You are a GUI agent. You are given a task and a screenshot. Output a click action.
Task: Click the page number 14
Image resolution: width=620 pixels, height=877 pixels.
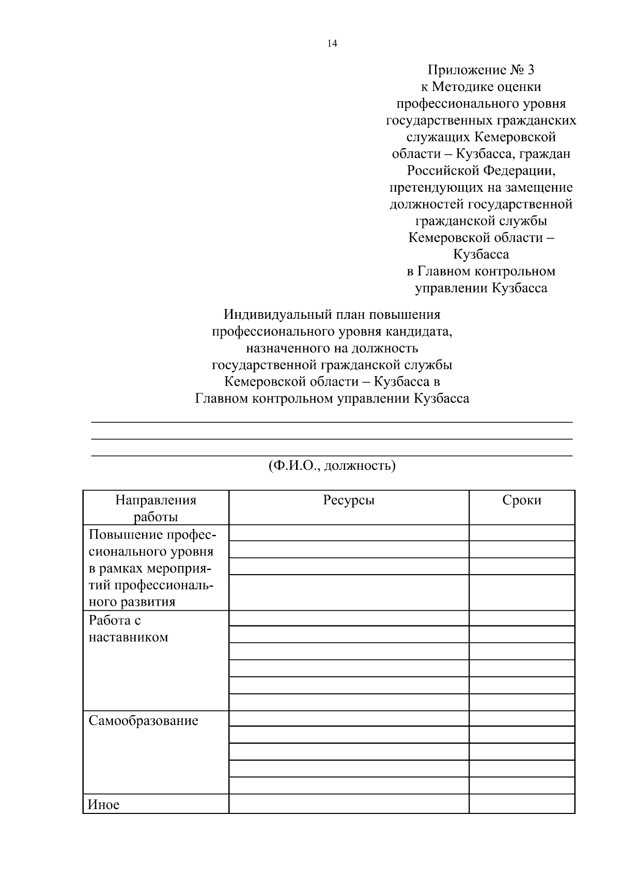[332, 44]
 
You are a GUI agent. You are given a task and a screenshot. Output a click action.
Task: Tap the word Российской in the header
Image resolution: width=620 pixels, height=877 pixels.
[442, 171]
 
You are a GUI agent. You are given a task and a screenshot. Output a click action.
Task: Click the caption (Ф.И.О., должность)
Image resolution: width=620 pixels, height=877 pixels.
[332, 466]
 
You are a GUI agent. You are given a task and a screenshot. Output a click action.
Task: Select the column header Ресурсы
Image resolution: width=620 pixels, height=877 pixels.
[349, 500]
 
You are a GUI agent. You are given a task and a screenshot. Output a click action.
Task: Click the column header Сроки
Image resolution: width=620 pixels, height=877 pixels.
[522, 500]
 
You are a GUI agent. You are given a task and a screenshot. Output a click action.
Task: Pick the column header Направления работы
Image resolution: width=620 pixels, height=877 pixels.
[156, 509]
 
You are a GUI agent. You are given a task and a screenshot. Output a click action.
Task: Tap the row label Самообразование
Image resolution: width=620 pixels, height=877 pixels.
[143, 721]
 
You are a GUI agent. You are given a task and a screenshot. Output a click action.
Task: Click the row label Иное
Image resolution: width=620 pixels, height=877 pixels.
[103, 805]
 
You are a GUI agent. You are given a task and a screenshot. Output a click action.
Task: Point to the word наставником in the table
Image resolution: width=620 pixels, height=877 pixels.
[128, 637]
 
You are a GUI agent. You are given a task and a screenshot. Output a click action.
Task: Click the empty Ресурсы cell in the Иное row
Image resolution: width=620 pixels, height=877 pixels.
[349, 804]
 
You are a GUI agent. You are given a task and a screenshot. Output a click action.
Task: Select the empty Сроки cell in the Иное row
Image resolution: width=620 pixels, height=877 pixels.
[522, 804]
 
